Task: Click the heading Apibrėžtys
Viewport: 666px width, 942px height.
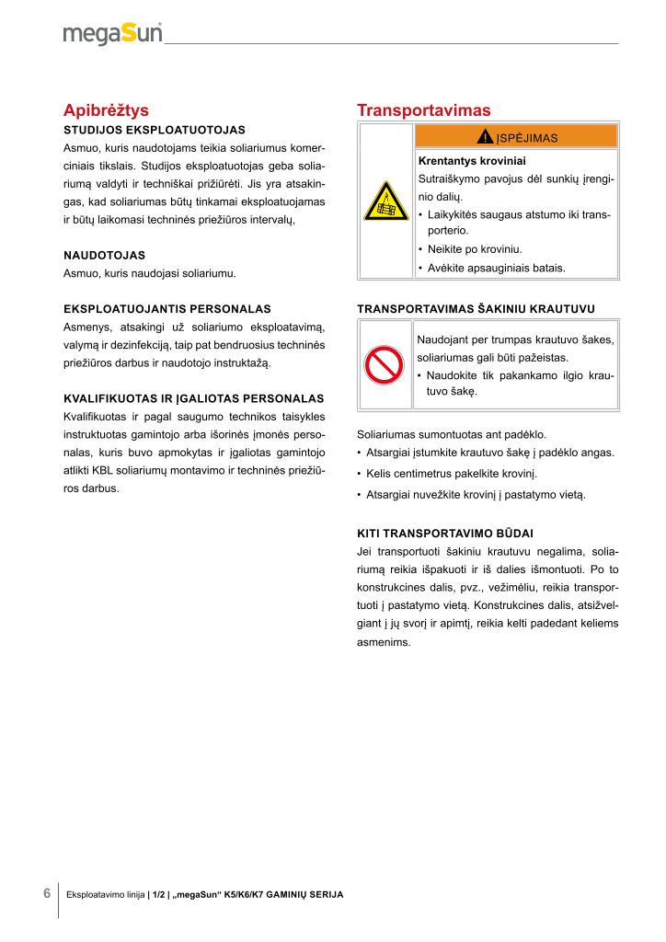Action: point(106,110)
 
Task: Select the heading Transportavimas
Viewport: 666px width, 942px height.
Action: point(424,110)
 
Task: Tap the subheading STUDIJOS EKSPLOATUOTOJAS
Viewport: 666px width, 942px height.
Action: point(154,130)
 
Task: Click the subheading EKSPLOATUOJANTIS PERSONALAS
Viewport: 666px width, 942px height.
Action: point(166,308)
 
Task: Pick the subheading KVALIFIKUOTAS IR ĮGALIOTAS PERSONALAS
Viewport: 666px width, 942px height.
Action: point(193,398)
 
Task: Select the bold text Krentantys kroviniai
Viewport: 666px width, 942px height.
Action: point(472,160)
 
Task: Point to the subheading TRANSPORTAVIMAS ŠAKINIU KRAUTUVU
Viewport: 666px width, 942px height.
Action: point(475,308)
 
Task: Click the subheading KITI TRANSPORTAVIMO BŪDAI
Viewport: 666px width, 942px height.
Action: point(444,533)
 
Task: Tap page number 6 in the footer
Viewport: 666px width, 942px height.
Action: point(46,893)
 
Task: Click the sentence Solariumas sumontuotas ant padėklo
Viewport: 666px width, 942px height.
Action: point(451,434)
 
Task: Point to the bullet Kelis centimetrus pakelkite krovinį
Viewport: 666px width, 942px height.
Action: point(451,474)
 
